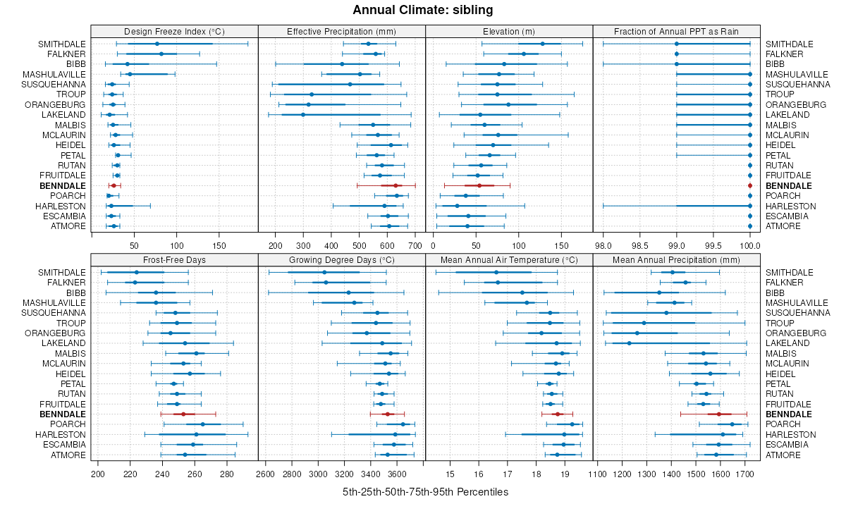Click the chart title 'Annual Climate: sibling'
(422, 10)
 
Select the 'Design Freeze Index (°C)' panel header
(174, 32)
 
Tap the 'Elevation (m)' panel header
(509, 32)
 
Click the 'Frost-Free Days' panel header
(174, 260)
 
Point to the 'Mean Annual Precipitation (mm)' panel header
(677, 260)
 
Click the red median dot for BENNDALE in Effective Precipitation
(396, 185)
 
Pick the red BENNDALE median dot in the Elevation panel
(479, 185)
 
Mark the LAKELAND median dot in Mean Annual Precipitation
(629, 343)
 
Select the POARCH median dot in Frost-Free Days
(203, 424)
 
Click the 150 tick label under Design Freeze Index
(219, 245)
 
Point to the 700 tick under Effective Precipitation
(415, 245)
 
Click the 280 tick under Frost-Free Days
(227, 474)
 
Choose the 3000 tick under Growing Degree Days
(318, 474)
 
